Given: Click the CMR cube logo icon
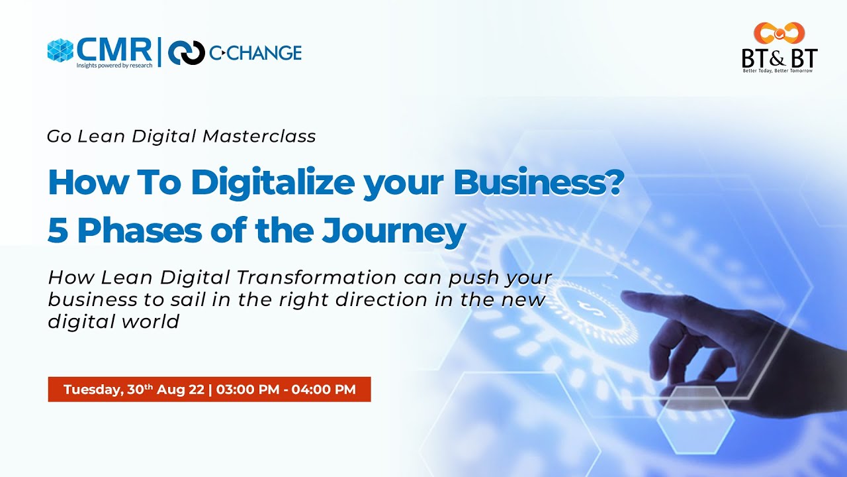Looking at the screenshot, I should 60,50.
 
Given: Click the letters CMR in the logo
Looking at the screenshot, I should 113,48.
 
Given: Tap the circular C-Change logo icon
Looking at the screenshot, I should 186,53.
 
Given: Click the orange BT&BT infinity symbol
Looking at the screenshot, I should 779,33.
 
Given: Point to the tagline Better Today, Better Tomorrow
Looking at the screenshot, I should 779,70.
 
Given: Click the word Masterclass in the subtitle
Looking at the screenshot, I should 259,136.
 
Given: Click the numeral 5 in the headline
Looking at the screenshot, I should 58,231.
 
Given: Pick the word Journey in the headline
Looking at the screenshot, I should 394,231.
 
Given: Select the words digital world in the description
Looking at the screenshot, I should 113,322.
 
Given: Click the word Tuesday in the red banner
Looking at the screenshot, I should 92,390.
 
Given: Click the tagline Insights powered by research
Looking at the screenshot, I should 114,65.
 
